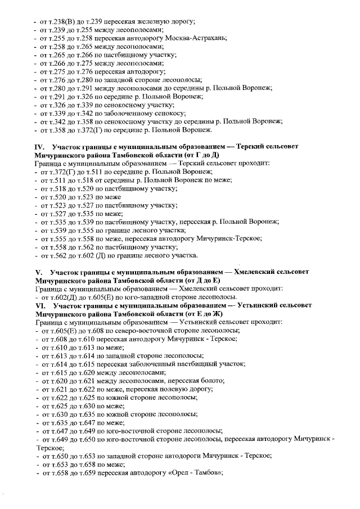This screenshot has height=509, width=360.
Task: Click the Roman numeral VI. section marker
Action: tap(40, 304)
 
